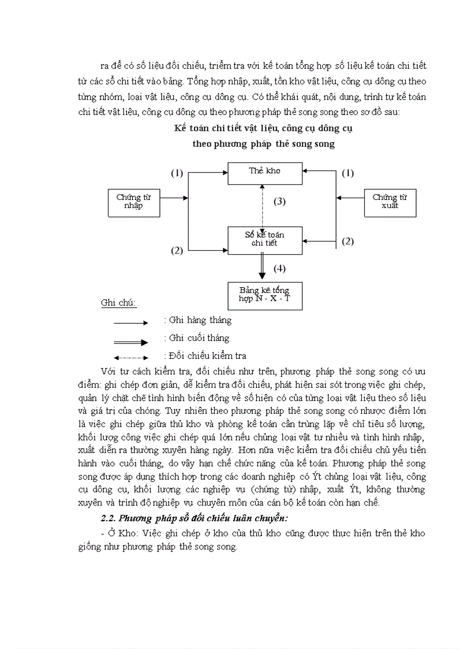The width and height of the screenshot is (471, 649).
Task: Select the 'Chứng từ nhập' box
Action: (133, 202)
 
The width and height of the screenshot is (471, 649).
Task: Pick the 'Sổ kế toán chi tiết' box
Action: (264, 239)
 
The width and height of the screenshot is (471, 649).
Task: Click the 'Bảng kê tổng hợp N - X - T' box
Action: (264, 295)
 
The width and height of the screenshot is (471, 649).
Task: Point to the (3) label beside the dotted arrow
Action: (279, 202)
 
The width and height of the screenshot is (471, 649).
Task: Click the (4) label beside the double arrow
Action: (279, 268)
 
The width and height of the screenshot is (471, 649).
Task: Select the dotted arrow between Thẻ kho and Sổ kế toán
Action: (263, 205)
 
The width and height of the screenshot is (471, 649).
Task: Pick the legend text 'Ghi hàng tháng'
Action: (197, 320)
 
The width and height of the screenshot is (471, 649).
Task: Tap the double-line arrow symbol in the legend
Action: (131, 342)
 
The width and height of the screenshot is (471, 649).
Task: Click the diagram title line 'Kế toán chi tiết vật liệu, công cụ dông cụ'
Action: (264, 128)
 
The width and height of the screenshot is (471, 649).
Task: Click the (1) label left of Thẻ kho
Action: (177, 173)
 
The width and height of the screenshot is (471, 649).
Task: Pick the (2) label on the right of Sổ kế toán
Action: (347, 242)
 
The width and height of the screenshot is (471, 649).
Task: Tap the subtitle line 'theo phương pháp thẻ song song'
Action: (264, 144)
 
